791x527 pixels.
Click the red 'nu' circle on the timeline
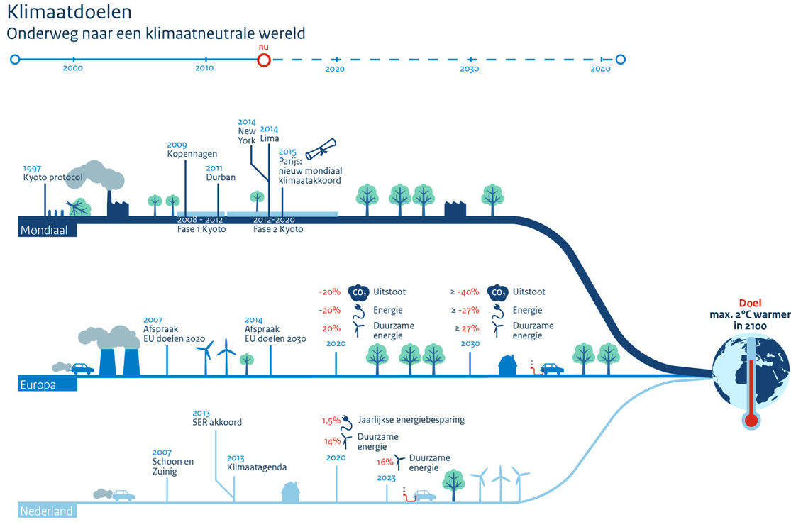click(x=264, y=60)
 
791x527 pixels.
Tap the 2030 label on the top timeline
click(x=470, y=70)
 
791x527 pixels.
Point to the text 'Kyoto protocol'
click(x=52, y=177)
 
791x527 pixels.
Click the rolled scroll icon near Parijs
click(x=321, y=150)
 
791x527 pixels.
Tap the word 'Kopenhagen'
click(x=192, y=154)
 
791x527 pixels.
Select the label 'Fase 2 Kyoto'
click(x=278, y=229)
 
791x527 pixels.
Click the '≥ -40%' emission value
click(x=465, y=292)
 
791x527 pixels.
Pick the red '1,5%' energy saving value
click(x=331, y=420)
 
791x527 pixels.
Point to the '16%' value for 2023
click(x=385, y=462)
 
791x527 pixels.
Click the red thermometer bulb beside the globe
click(x=751, y=420)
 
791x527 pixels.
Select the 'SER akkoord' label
click(x=217, y=422)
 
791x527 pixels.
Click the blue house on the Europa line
click(x=509, y=365)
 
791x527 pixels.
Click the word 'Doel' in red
click(x=751, y=302)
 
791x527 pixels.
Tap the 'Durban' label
click(x=221, y=177)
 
